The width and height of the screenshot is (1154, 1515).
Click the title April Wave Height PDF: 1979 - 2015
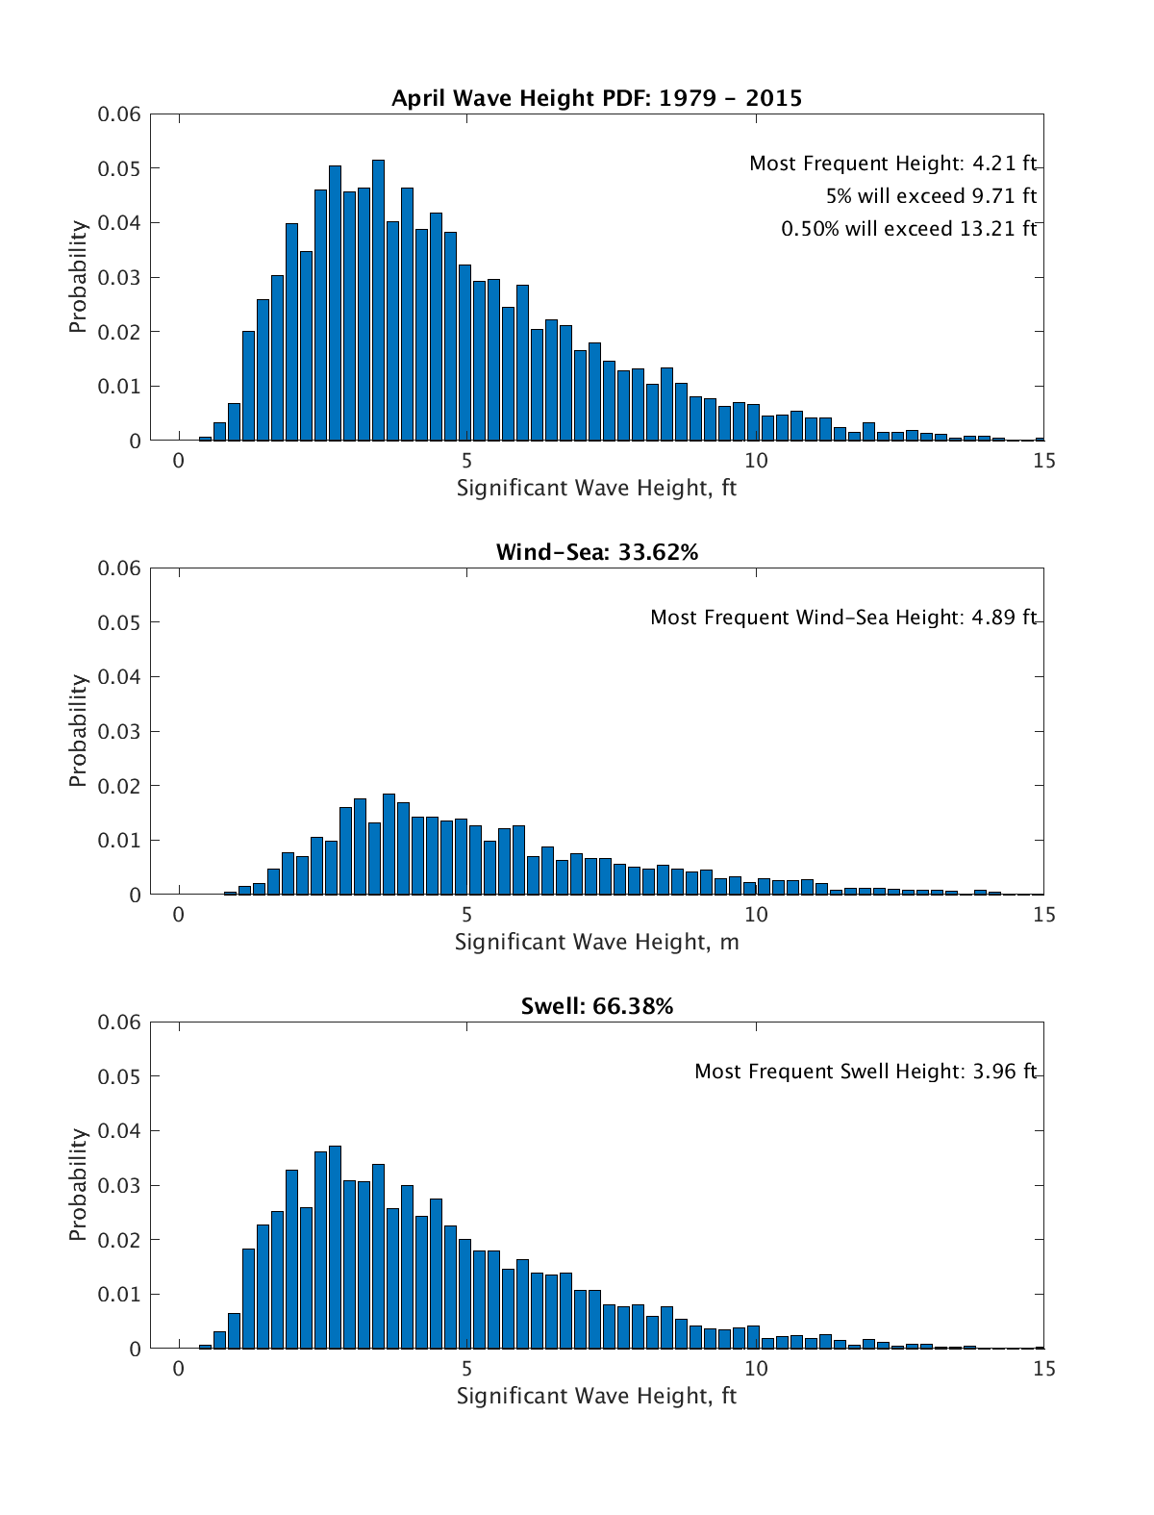pos(596,98)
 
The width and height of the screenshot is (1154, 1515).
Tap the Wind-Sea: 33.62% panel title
pos(596,552)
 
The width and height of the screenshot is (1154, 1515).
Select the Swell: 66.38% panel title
pos(596,1006)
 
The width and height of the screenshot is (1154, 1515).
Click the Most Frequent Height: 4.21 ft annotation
pos(892,164)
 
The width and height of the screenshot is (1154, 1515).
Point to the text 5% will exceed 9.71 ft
pos(931,196)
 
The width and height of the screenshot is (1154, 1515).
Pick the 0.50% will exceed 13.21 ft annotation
pos(909,229)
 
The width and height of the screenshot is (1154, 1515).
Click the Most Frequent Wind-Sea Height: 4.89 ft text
pos(843,618)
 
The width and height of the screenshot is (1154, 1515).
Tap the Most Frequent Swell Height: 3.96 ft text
pos(865,1072)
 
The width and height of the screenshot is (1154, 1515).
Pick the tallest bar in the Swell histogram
pos(335,1248)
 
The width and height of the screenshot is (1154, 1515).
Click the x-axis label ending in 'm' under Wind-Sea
pos(596,942)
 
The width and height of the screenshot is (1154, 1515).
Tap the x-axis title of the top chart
pos(596,488)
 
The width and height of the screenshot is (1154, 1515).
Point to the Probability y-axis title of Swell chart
pos(78,1184)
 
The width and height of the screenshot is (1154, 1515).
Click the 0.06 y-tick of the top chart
pos(119,114)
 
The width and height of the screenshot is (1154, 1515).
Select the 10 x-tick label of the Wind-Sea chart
pos(756,915)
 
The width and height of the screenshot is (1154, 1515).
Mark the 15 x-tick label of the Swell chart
pos(1043,1369)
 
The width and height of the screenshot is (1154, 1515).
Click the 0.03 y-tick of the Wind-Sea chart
pos(119,731)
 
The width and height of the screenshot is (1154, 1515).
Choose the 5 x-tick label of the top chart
pos(466,461)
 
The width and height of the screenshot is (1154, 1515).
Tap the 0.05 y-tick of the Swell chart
pos(119,1076)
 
